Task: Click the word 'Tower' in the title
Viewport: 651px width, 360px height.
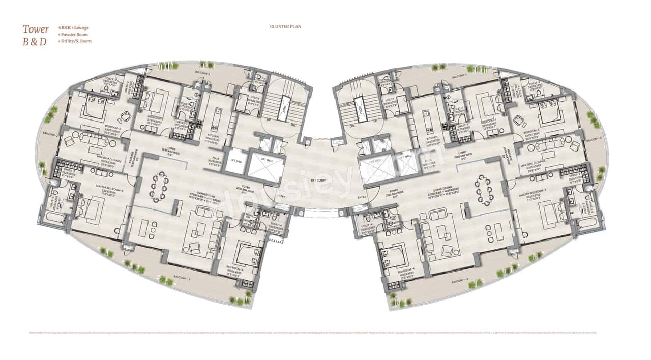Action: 36,29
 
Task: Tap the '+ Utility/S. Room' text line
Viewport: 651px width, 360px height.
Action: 75,41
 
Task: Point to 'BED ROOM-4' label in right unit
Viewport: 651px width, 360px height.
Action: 405,272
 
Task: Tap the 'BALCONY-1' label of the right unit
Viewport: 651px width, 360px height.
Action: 458,76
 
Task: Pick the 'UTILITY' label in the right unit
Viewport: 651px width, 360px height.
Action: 391,100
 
